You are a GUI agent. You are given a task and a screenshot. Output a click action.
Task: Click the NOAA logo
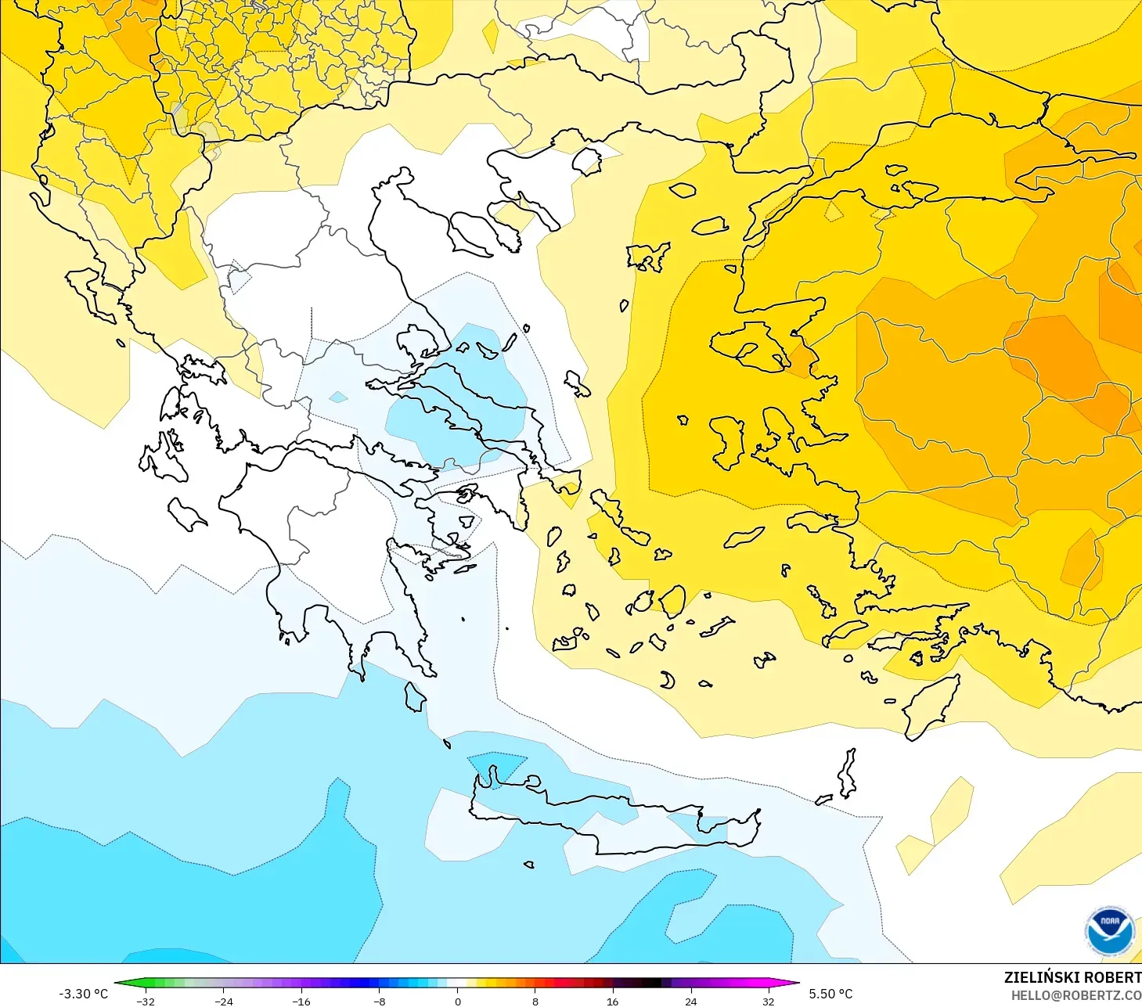point(1109,930)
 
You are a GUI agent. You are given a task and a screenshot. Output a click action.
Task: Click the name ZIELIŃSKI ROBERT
point(1072,977)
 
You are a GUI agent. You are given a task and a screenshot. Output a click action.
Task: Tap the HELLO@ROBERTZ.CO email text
point(1075,995)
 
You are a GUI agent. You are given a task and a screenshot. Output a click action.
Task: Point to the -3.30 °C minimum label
point(83,994)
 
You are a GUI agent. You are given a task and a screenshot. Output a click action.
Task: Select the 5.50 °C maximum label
point(830,994)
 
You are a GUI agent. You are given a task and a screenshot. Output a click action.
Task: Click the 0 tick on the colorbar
point(458,1001)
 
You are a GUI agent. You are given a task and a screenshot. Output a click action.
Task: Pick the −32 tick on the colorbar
point(146,1001)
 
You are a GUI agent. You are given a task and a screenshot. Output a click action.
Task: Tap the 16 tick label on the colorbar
point(612,1001)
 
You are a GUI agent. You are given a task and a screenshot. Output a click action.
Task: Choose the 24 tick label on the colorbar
point(690,1001)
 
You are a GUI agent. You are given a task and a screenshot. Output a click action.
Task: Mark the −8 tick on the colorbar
point(380,1001)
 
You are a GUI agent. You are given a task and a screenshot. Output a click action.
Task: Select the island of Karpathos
point(847,773)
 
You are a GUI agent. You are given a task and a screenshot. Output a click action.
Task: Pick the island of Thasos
point(585,161)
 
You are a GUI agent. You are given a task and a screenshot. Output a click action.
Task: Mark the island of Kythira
point(415,697)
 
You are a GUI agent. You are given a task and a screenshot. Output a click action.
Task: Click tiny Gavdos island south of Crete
point(528,865)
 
